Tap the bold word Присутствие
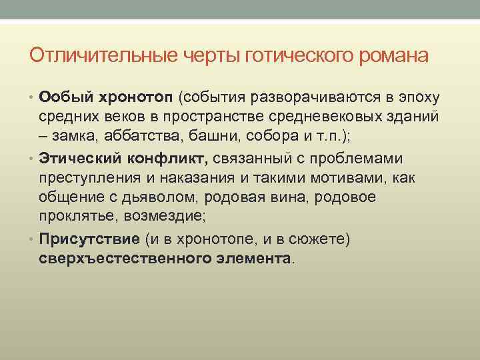tap(88, 239)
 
